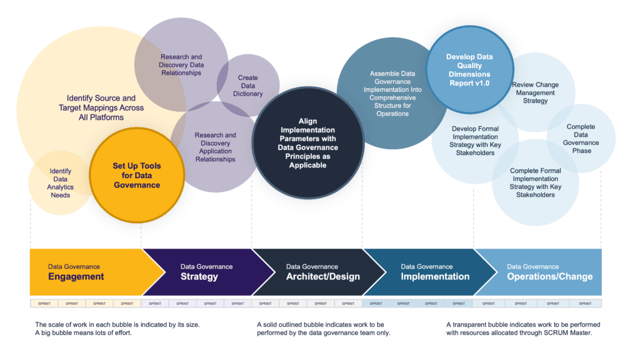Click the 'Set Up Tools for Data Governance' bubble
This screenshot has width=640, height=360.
pos(136,176)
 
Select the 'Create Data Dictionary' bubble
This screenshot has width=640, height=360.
pos(247,86)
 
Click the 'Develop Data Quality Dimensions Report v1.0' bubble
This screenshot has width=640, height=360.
pos(469,69)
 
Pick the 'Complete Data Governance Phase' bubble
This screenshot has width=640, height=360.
pos(581,138)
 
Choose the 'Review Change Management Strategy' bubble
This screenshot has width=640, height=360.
pos(535,92)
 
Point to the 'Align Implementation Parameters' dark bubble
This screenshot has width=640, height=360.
pos(308,143)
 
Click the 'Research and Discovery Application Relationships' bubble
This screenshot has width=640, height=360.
pos(215,147)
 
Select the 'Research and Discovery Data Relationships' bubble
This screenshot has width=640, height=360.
pos(181,65)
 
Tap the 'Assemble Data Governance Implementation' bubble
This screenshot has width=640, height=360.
pos(392,94)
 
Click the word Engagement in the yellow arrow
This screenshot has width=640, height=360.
pos(76,277)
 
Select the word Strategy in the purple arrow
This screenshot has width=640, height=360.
pos(199,277)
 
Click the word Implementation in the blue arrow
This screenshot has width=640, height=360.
pos(435,277)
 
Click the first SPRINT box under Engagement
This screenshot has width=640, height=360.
pos(44,303)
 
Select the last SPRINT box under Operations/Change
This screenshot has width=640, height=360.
pos(585,303)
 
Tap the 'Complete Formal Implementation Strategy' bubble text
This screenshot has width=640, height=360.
pos(536,182)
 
